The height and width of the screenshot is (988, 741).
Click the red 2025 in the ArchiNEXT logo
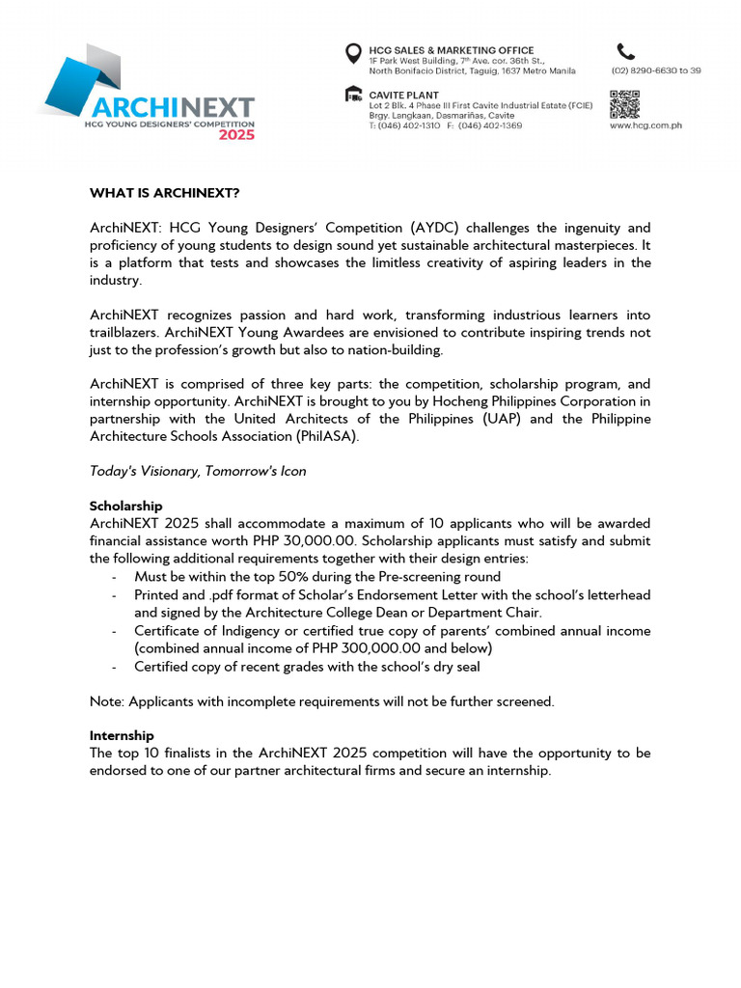tap(235, 135)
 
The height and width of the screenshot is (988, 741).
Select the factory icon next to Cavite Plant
tap(354, 96)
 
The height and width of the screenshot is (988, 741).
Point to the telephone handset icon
tap(626, 52)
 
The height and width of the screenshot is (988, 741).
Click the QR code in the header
tap(624, 103)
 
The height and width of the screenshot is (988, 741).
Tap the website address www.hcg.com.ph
tap(645, 125)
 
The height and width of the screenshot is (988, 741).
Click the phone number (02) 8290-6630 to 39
tap(655, 70)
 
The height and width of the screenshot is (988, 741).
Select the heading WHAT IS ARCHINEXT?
tap(164, 193)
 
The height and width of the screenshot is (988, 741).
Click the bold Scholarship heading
tap(125, 506)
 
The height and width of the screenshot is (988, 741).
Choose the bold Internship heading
tap(122, 735)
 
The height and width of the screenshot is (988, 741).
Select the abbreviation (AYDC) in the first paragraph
tap(434, 228)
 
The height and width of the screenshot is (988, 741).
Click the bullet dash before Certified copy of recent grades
tap(115, 666)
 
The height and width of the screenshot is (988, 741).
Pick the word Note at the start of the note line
tap(105, 701)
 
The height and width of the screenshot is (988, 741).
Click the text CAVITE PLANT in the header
tap(404, 96)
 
